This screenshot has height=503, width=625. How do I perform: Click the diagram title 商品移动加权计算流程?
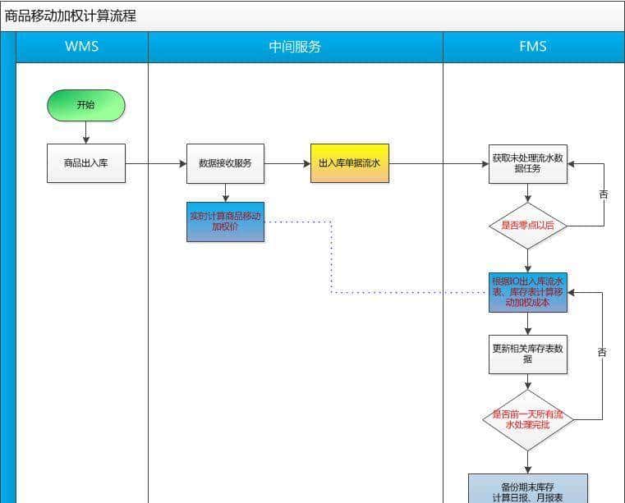click(71, 16)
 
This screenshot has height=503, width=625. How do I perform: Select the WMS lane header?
click(81, 47)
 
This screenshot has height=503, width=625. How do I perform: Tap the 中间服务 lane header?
click(295, 47)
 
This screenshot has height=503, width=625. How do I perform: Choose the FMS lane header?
click(533, 47)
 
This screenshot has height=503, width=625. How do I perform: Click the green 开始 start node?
click(85, 105)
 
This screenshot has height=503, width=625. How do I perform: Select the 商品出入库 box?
click(85, 163)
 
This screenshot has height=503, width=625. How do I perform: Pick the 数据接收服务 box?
click(225, 163)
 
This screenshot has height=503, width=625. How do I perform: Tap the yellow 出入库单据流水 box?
click(349, 163)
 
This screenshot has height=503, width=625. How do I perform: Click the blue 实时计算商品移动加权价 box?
click(225, 222)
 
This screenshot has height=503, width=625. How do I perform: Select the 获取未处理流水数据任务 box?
click(527, 163)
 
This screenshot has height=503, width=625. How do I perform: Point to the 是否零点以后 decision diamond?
click(527, 225)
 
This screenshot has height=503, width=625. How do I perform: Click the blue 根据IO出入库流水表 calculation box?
click(527, 292)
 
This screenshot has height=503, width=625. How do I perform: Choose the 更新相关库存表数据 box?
click(527, 354)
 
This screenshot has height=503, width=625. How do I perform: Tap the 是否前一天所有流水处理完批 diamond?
click(527, 419)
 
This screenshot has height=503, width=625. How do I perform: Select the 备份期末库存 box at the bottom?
click(527, 487)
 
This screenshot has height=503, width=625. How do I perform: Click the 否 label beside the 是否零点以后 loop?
click(604, 194)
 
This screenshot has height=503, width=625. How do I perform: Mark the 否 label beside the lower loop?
click(602, 352)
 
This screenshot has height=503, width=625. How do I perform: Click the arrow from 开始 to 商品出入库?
click(85, 132)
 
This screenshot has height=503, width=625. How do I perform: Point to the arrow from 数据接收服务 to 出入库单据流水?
click(287, 163)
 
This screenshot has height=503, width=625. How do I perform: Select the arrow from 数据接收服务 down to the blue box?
click(225, 192)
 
